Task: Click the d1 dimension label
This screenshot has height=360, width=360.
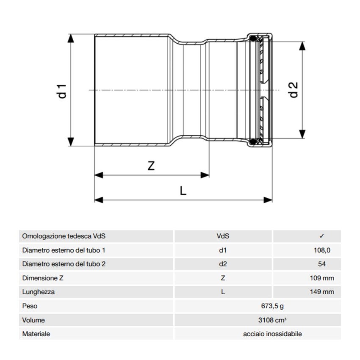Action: pos(63,91)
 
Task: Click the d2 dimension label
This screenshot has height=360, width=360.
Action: pos(294,89)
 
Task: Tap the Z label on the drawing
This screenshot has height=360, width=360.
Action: pos(151,166)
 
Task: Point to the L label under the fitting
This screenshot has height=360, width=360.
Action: pos(183,191)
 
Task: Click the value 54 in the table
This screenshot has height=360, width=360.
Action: pos(322,264)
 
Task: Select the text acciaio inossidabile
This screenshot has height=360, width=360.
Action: pos(272,334)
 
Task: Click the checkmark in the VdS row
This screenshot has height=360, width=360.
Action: pos(322,236)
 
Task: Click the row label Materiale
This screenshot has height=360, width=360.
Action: pos(36,334)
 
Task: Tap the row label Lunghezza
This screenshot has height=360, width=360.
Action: pos(39,292)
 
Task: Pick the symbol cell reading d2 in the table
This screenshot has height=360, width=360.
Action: pos(223,264)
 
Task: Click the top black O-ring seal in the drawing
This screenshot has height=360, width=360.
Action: pos(253,39)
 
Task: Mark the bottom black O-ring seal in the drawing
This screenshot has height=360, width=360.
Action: pos(253,141)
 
